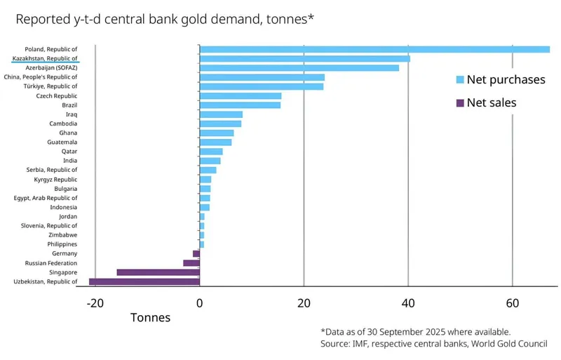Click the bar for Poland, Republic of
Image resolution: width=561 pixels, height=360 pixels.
click(x=374, y=49)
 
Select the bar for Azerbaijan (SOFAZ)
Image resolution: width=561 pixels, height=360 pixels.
click(x=299, y=68)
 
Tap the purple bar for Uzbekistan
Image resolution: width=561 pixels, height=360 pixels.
click(x=144, y=281)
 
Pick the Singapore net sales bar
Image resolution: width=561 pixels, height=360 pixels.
click(x=158, y=272)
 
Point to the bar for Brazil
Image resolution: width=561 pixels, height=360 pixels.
click(x=240, y=105)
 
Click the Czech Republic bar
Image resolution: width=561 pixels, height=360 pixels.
click(x=241, y=95)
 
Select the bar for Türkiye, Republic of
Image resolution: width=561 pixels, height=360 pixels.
click(x=262, y=86)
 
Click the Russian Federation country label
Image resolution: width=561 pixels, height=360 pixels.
click(x=51, y=263)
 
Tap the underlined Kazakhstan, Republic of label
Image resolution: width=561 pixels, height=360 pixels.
click(x=45, y=58)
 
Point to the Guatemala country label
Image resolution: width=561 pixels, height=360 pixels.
click(x=62, y=142)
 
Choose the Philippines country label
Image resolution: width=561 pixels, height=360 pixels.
click(x=62, y=244)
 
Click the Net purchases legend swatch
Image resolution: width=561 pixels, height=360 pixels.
click(x=460, y=80)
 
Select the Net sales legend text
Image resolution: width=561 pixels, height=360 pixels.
click(x=492, y=103)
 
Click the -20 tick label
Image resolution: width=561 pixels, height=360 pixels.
click(x=95, y=303)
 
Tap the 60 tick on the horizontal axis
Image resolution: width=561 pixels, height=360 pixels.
click(x=513, y=303)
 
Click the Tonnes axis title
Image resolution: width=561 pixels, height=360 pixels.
click(x=150, y=317)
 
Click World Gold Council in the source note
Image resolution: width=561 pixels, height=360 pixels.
click(x=503, y=344)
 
